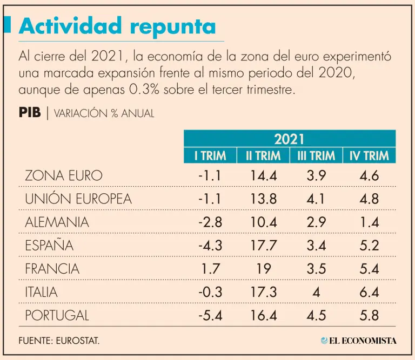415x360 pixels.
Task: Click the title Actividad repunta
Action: pyautogui.click(x=117, y=25)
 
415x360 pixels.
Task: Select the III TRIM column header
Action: pyautogui.click(x=316, y=156)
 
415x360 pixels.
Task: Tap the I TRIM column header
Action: pyautogui.click(x=210, y=156)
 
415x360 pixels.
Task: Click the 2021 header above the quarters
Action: pyautogui.click(x=289, y=139)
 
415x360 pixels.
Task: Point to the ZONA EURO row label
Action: pyautogui.click(x=63, y=176)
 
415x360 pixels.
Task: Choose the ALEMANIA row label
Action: pyautogui.click(x=57, y=222)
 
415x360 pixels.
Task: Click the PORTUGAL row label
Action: pyautogui.click(x=57, y=315)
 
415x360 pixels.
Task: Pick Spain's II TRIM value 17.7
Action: pyautogui.click(x=263, y=246)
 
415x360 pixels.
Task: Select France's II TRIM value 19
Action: pyautogui.click(x=263, y=269)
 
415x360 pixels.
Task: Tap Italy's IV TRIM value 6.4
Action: pyautogui.click(x=369, y=292)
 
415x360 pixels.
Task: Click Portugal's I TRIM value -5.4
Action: pyautogui.click(x=210, y=315)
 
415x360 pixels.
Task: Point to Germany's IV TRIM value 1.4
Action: pyautogui.click(x=369, y=222)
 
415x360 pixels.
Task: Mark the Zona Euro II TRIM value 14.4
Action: pyautogui.click(x=263, y=176)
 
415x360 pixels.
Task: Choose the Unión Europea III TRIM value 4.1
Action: pyautogui.click(x=316, y=199)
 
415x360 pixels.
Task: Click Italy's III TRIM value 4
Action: pyautogui.click(x=316, y=292)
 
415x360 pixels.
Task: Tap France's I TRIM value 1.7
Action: pyautogui.click(x=210, y=269)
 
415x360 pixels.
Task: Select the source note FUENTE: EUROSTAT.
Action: pyautogui.click(x=59, y=341)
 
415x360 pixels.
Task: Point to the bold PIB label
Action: pyautogui.click(x=30, y=113)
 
